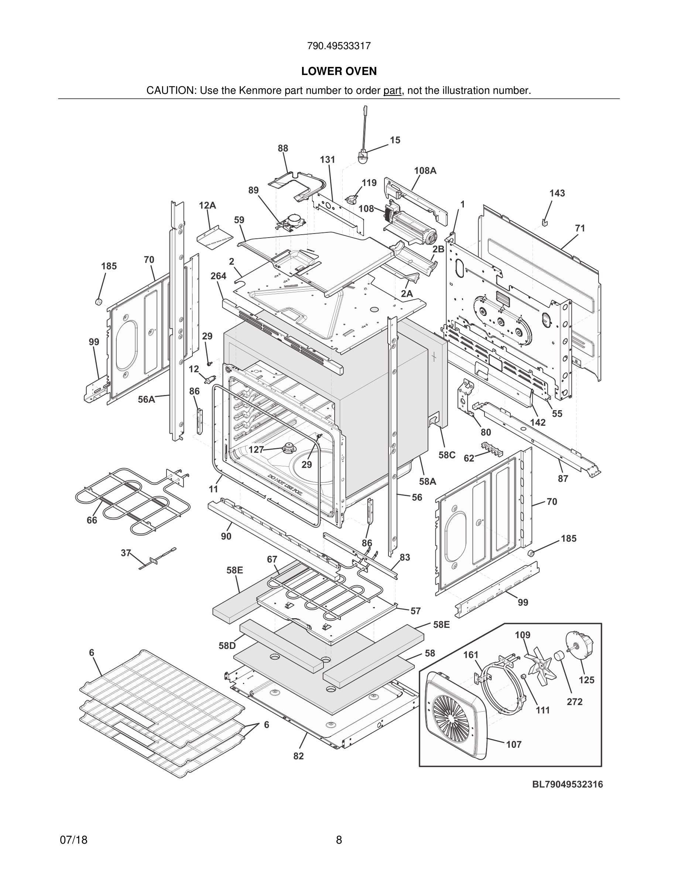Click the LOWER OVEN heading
[339, 71]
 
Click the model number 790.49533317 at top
[339, 46]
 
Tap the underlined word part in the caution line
[392, 91]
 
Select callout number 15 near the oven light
[395, 140]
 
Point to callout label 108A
[425, 171]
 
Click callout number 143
[557, 193]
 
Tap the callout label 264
[219, 276]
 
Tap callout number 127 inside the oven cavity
[256, 449]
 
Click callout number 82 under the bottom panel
[298, 756]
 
